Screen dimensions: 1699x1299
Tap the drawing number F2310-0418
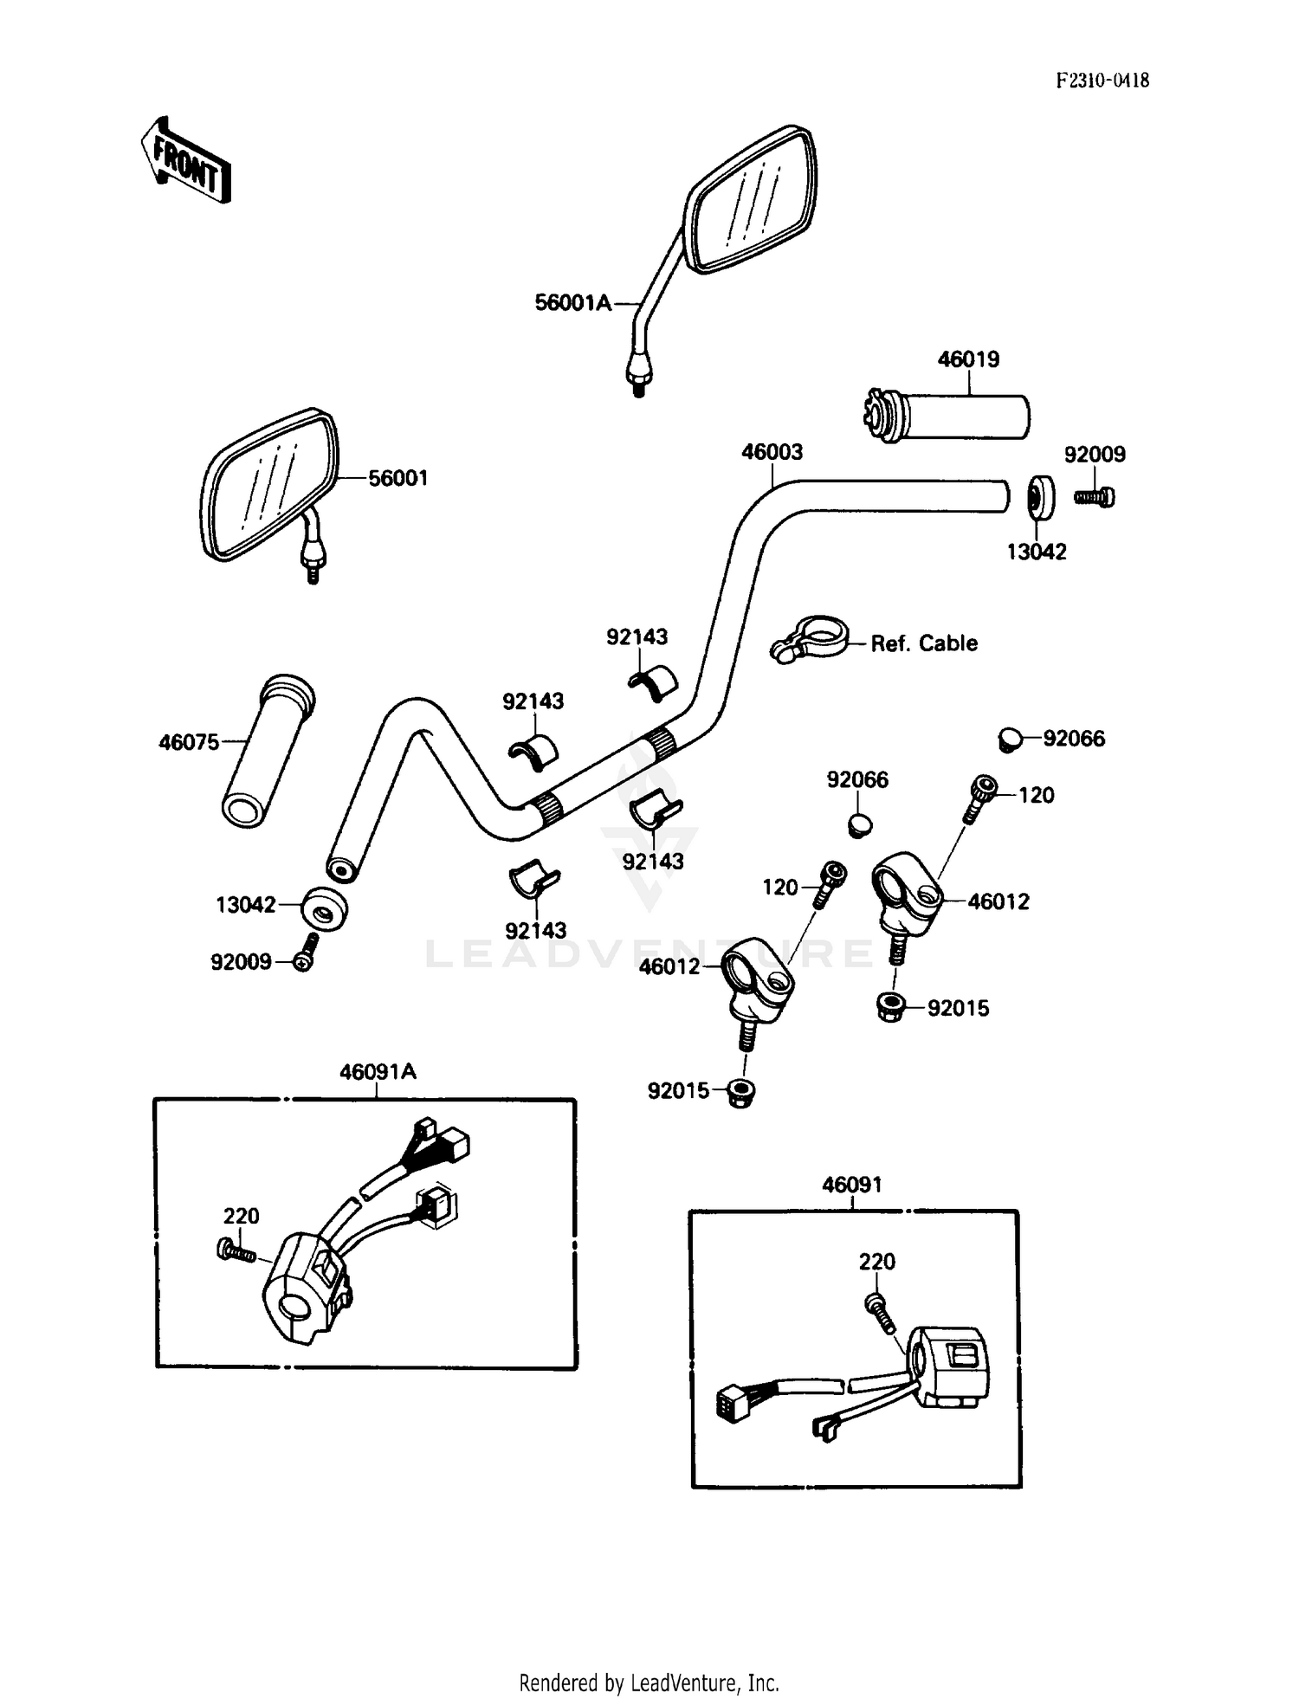coord(1102,81)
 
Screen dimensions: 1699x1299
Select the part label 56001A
coord(572,303)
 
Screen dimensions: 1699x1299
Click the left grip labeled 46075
coord(267,752)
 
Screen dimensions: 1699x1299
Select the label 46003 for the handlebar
coord(772,452)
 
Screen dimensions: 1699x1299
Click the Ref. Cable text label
coord(924,643)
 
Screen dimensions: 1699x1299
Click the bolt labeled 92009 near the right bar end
coord(1095,497)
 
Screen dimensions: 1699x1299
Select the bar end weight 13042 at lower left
coord(324,909)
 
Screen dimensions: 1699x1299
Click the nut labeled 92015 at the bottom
coord(740,1093)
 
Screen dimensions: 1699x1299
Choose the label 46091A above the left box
coord(378,1072)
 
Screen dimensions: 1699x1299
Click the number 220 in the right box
coord(876,1262)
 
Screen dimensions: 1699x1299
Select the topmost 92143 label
coord(637,637)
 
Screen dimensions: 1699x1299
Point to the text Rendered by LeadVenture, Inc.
coord(649,1683)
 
